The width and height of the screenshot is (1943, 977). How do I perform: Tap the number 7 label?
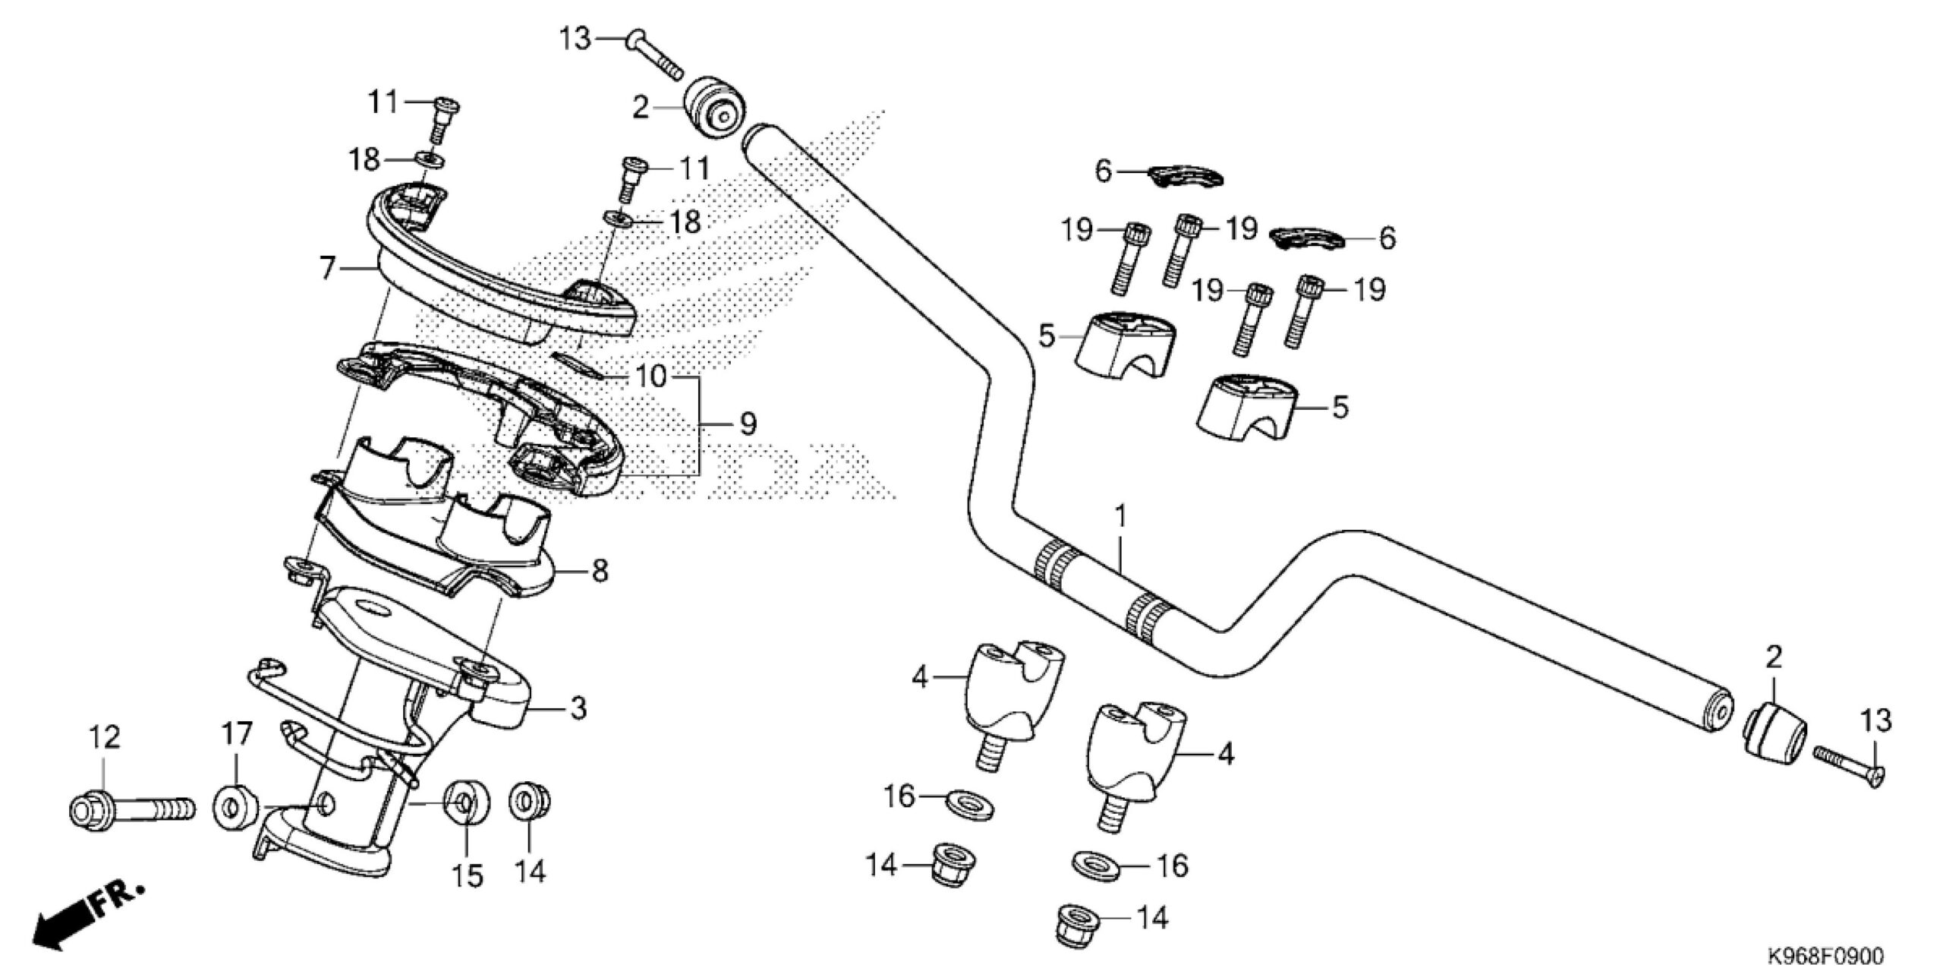pos(327,268)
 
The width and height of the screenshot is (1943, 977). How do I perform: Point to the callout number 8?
pos(600,571)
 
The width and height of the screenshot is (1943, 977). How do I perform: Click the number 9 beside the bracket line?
pos(748,424)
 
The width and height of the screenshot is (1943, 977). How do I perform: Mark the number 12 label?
pos(105,737)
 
